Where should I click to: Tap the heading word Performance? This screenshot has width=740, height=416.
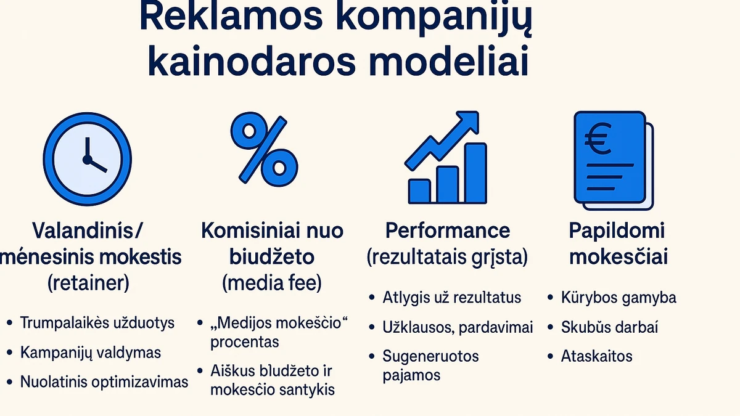coord(448,230)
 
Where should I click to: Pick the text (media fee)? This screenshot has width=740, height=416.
coord(272,283)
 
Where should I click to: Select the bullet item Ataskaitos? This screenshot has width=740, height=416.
coord(596,356)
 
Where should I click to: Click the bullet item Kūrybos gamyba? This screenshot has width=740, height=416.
coord(619,298)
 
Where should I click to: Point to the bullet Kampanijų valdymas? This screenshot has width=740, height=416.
coord(91,353)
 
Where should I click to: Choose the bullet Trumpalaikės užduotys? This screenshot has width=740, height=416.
coord(97,323)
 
